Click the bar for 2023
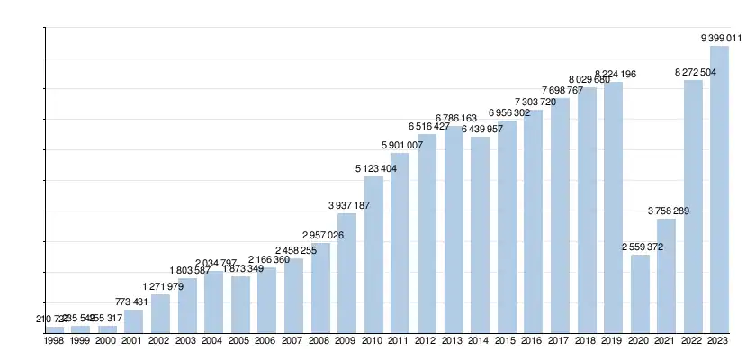(719, 189)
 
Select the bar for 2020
(639, 293)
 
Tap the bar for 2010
(373, 255)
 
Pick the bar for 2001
(133, 321)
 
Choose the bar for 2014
(480, 235)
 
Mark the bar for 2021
(666, 275)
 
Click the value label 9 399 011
(721, 38)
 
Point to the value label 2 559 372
(641, 247)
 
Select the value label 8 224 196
(614, 74)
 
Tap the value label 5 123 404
(375, 168)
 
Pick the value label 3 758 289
(668, 211)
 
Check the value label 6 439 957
(481, 129)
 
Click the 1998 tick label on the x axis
(54, 341)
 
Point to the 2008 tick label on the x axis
(319, 341)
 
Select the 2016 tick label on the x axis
(533, 341)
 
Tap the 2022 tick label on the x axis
(693, 341)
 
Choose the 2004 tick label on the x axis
(213, 341)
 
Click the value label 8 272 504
(694, 72)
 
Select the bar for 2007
(293, 295)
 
